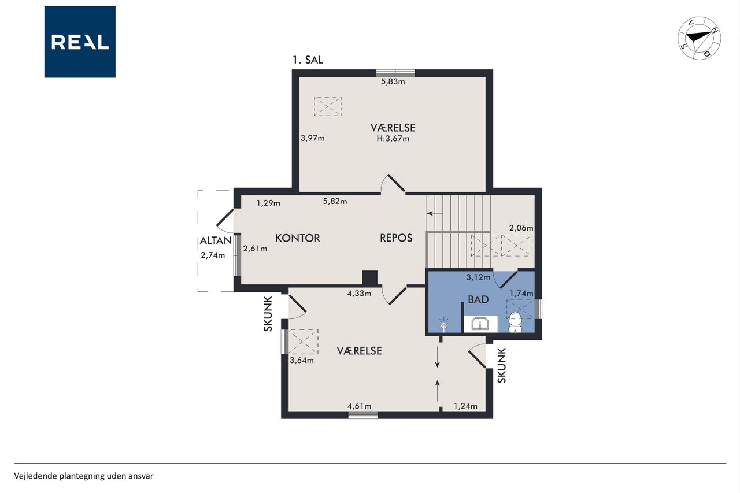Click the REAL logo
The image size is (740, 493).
click(80, 42)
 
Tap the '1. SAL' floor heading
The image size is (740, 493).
click(308, 60)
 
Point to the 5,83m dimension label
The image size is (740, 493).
click(393, 81)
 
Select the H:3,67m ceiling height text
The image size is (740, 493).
click(393, 139)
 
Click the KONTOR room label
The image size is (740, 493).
click(298, 238)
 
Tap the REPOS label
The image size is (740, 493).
click(396, 238)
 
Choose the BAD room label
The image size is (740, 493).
click(478, 299)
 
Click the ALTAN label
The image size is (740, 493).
click(216, 241)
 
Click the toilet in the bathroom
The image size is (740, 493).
click(515, 323)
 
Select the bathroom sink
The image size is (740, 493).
click(480, 324)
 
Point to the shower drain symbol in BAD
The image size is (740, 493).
click(444, 325)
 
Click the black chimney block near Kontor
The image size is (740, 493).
click(369, 278)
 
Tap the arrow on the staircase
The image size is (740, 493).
click(434, 213)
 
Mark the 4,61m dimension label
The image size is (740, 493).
click(360, 406)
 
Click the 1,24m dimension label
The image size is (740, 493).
click(465, 406)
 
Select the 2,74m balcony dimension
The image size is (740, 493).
click(213, 255)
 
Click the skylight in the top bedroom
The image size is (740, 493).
click(327, 106)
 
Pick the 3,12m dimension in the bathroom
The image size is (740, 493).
click(478, 277)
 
